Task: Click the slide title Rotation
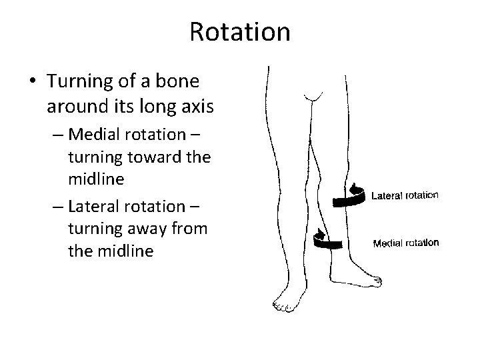pyautogui.click(x=240, y=31)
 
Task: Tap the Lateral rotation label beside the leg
pyautogui.click(x=404, y=195)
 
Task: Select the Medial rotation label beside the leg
pyautogui.click(x=405, y=243)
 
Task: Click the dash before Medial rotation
pyautogui.click(x=59, y=135)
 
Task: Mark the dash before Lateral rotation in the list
pyautogui.click(x=59, y=206)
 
